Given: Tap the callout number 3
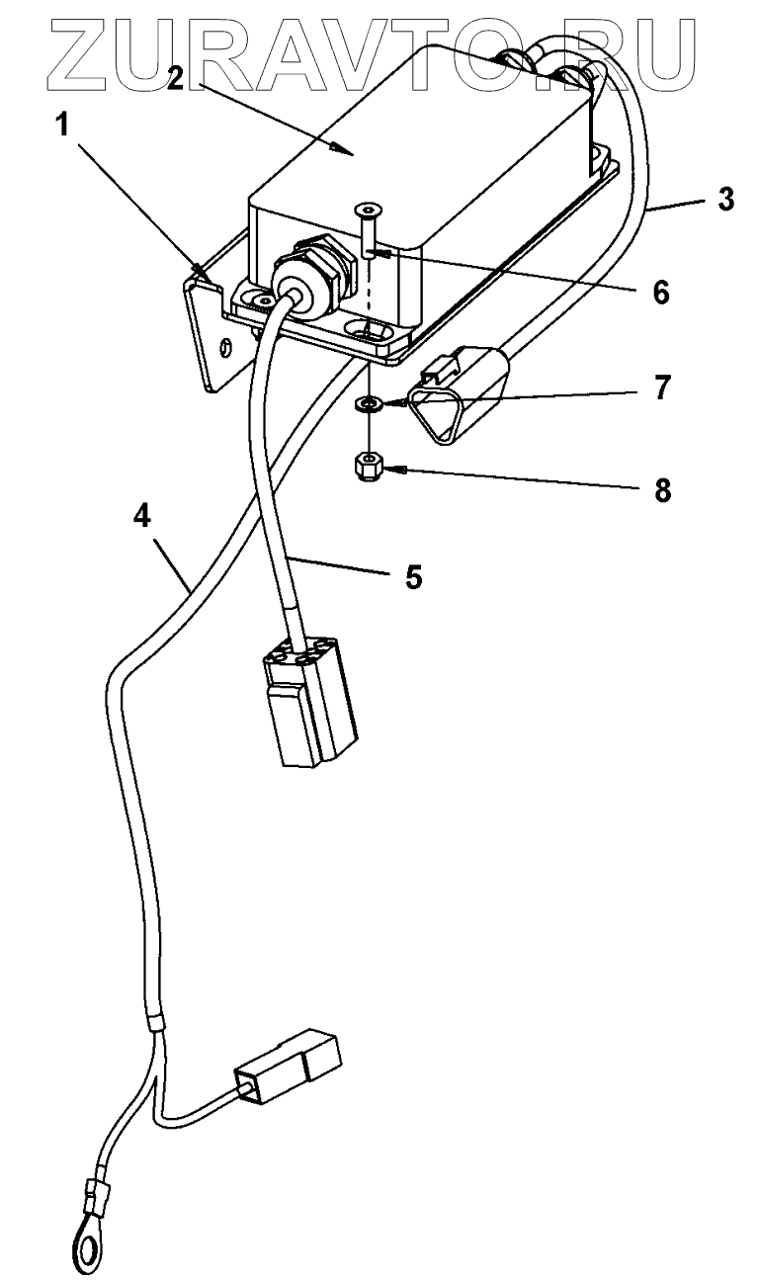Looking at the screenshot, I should click(725, 199).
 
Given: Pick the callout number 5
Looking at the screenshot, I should click(413, 576).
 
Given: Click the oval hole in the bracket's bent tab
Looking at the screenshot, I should click(226, 348).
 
